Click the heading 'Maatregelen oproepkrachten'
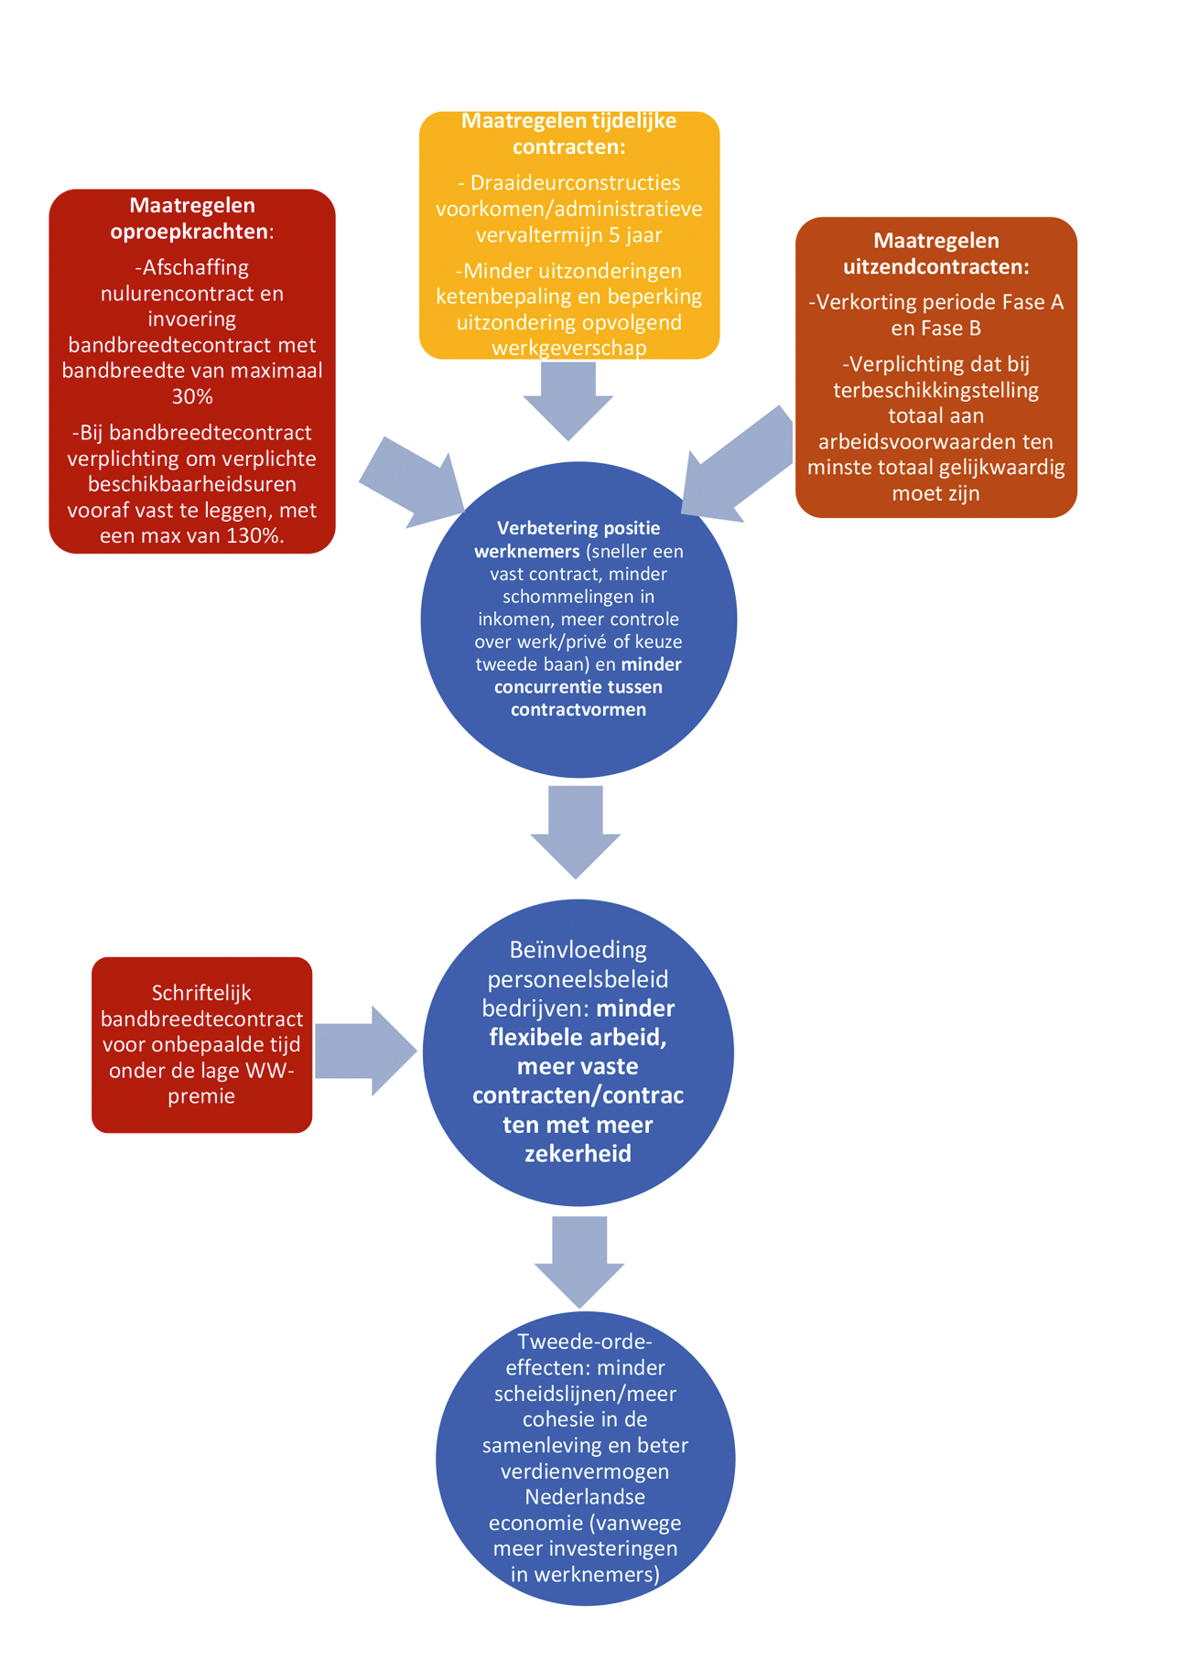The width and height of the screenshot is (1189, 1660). tap(192, 218)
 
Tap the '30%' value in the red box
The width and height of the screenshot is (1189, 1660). tap(192, 396)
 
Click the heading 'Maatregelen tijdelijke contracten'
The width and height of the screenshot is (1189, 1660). tap(568, 134)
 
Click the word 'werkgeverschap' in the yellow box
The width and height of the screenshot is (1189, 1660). tap(568, 348)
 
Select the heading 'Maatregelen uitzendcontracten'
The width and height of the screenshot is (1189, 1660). tap(935, 253)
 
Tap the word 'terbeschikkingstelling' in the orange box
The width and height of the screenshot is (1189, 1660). tap(935, 390)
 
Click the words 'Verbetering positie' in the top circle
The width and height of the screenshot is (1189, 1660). tap(578, 528)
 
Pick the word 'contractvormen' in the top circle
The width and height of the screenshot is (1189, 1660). tap(578, 709)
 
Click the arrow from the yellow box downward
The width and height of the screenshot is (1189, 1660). tap(568, 400)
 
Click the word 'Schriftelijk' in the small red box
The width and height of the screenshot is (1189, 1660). tap(201, 993)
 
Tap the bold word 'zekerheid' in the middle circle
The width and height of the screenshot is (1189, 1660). tap(578, 1153)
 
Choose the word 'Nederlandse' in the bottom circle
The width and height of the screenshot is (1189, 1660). tap(585, 1497)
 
